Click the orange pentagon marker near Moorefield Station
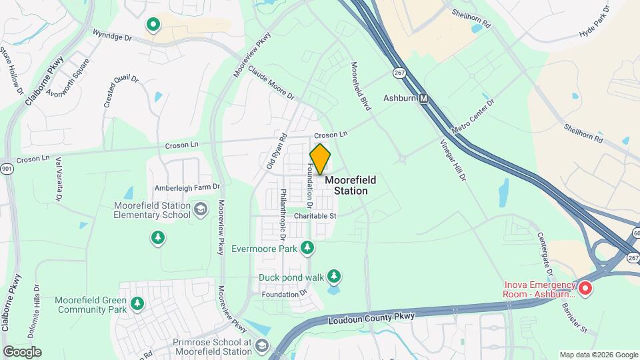(320, 159)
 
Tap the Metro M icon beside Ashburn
(423, 98)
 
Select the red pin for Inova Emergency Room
(585, 288)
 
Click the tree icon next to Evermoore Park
(307, 249)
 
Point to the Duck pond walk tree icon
(334, 277)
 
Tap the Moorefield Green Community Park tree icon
(137, 304)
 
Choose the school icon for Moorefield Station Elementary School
(199, 211)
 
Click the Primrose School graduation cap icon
(261, 345)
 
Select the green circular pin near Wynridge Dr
(153, 25)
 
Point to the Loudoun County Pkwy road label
(372, 318)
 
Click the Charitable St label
(315, 215)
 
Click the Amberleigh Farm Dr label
(187, 187)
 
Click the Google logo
(23, 351)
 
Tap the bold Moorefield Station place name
(350, 185)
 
